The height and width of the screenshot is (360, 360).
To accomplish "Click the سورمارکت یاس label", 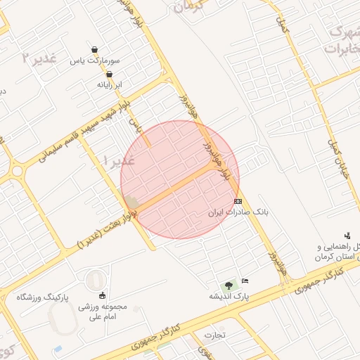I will pos(94,61).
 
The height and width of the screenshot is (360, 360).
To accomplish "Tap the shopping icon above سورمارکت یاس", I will pos(94,49).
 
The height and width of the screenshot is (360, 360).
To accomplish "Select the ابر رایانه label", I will pos(109,84).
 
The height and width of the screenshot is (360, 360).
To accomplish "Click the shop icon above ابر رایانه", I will pos(109,74).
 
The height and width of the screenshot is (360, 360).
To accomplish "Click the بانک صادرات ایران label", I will pos(238,211).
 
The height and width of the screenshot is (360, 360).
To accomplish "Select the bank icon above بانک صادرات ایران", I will pos(238,200).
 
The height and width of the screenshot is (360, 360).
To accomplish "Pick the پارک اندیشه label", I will pos(229,297).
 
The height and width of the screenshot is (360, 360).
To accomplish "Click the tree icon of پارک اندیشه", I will pos(229,285).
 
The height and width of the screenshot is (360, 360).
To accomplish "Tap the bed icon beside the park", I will pos(245,281).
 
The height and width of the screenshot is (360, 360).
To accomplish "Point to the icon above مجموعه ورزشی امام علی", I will pos(103,295).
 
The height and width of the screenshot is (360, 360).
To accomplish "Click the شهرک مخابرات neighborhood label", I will pos(343,40).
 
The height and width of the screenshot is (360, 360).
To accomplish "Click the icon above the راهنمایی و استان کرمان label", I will pos(347,236).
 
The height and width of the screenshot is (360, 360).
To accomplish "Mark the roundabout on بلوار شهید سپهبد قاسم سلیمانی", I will pos(17,169).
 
